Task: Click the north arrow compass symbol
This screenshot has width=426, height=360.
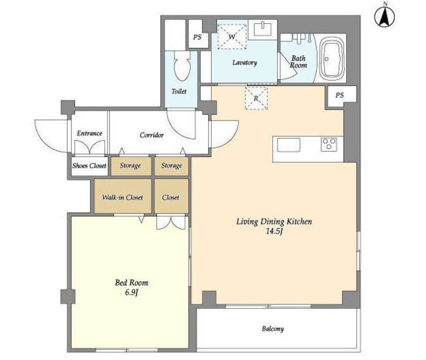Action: click(385, 16)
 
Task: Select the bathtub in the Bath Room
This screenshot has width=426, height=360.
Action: click(332, 59)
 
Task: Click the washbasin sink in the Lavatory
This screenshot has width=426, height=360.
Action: click(263, 29)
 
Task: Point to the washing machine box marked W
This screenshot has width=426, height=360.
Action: click(232, 37)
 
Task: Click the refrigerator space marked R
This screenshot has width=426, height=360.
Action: click(256, 98)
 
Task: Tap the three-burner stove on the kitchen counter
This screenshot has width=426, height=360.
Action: click(329, 144)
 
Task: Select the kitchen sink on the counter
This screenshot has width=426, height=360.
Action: click(288, 144)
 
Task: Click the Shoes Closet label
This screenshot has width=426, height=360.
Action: click(89, 166)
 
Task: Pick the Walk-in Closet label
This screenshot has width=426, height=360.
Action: click(122, 197)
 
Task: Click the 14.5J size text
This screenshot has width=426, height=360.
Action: click(275, 232)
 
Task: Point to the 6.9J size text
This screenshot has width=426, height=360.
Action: click(132, 293)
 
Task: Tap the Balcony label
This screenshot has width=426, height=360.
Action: click(273, 329)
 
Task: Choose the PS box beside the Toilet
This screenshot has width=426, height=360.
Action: click(198, 37)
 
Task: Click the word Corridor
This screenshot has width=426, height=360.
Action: click(152, 135)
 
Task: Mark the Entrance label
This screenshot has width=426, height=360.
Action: click(89, 133)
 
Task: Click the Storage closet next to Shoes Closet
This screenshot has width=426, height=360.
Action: click(130, 166)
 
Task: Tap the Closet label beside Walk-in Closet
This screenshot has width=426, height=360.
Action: click(170, 197)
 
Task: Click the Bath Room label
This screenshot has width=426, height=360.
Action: click(298, 62)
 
